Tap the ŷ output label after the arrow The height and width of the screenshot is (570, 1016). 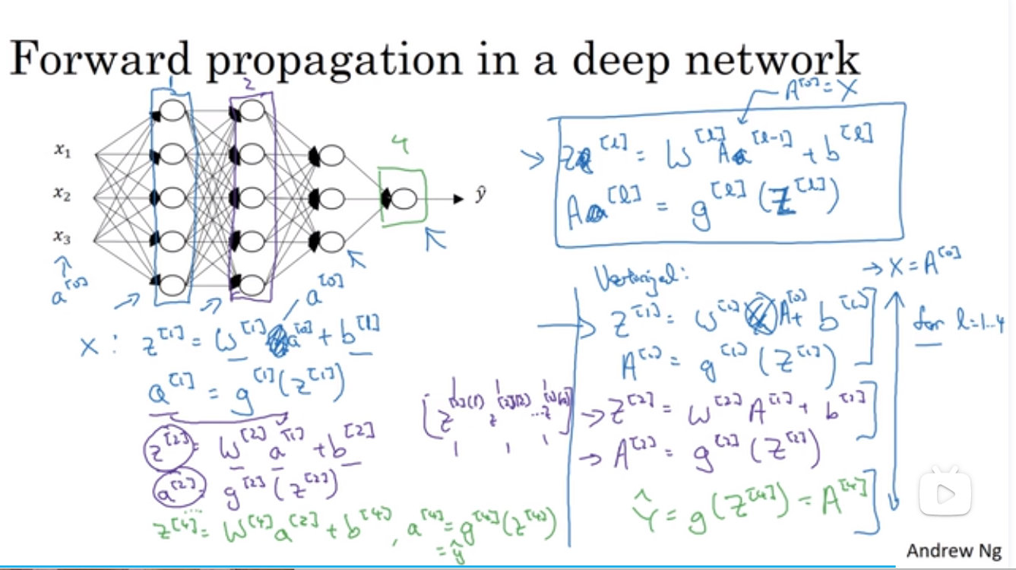click(x=480, y=195)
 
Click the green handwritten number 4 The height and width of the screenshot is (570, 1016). click(x=403, y=145)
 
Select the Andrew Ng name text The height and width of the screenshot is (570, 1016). click(x=954, y=550)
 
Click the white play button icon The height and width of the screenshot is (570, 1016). click(x=945, y=495)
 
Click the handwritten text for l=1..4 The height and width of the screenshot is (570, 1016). click(x=961, y=325)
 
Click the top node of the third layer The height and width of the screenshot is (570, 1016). click(x=331, y=156)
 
